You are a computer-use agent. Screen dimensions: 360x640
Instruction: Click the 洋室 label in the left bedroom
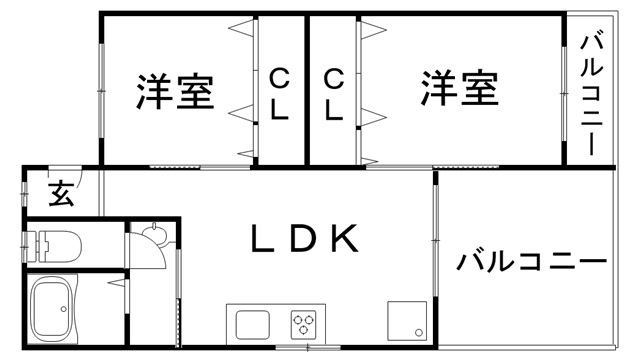[174, 93]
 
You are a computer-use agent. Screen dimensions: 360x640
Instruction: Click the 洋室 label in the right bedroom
[458, 89]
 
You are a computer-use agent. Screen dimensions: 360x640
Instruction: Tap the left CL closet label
[280, 93]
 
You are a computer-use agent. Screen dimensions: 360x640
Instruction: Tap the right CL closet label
[334, 93]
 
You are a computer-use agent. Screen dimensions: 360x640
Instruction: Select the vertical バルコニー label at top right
[590, 95]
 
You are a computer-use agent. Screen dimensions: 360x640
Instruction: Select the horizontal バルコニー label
[532, 263]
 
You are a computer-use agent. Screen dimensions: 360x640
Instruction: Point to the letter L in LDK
[263, 238]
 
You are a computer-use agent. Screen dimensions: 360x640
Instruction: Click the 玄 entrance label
[61, 192]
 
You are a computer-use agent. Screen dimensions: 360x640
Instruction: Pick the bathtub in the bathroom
[56, 311]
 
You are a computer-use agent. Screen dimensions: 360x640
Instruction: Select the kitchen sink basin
[250, 323]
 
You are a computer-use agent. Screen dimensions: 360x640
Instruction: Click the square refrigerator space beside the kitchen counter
[408, 321]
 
